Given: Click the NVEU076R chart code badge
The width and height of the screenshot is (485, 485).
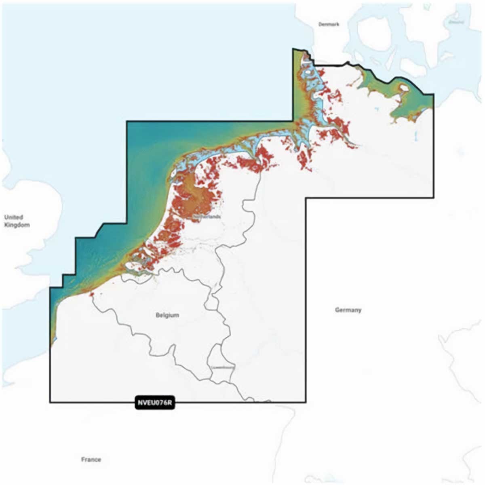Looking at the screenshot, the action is click(155, 403).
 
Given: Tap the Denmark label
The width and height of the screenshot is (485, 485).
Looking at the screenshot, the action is click(329, 24).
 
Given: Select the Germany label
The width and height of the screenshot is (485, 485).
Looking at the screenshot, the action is click(348, 310).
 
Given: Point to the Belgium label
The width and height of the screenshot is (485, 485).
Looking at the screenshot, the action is click(167, 315).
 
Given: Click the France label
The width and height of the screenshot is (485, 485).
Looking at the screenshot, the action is click(91, 460).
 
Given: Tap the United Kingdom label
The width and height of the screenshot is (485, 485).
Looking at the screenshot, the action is click(15, 221).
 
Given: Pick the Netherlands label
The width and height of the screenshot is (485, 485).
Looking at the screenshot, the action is click(207, 217).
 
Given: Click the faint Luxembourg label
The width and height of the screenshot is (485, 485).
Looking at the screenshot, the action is click(223, 367).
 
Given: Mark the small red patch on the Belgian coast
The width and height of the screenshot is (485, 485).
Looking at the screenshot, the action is click(93, 295).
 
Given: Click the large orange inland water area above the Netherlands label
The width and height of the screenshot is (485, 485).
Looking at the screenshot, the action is click(198, 198).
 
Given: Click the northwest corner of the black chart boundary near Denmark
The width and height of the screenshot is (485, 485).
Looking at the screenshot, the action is click(293, 49).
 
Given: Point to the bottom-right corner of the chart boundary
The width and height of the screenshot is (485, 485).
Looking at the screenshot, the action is click(305, 402).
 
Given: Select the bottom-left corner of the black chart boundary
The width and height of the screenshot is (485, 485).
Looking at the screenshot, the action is click(50, 402).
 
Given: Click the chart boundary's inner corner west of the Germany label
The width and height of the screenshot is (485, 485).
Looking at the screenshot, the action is click(306, 198).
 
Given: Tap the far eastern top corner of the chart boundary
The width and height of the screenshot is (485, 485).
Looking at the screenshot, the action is click(434, 95).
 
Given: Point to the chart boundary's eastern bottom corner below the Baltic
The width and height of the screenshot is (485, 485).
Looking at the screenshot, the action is click(434, 198).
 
